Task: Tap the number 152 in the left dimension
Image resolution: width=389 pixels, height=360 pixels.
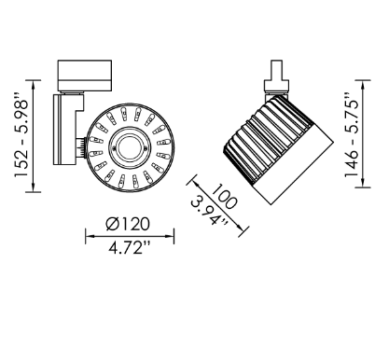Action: pos(16,170)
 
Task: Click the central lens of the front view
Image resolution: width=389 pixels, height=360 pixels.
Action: pos(128,146)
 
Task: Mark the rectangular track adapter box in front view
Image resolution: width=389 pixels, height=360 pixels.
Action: pos(85,73)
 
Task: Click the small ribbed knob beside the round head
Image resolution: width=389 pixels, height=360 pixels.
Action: pos(84,146)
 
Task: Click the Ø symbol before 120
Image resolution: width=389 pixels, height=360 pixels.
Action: pos(111,224)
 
